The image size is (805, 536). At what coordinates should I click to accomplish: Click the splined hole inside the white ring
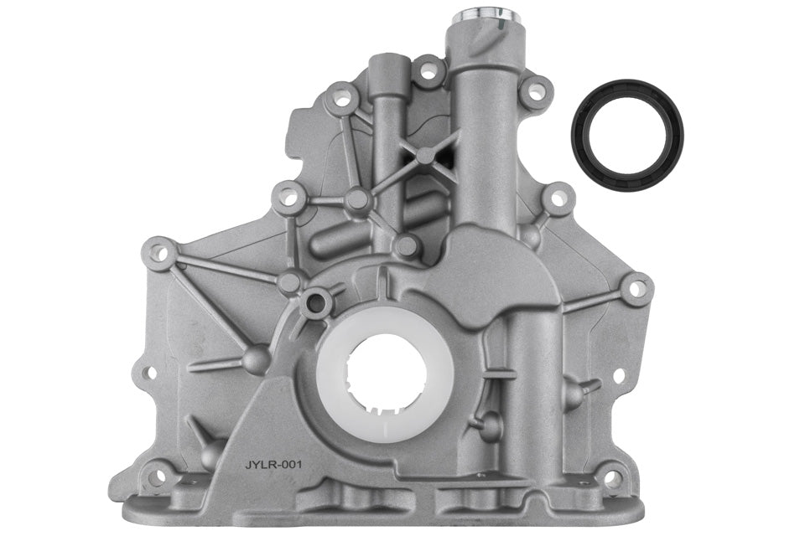coord(387,373)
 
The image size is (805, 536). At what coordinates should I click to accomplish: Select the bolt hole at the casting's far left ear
coord(158,252)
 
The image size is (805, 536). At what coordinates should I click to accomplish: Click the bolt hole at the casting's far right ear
coord(636,289)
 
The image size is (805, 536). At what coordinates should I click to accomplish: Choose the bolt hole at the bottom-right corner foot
coord(613,478)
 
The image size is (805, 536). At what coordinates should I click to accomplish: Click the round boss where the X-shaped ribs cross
coord(426,155)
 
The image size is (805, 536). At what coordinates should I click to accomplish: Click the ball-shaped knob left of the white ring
coord(257,359)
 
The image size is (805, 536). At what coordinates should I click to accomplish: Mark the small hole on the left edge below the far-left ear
coord(148,372)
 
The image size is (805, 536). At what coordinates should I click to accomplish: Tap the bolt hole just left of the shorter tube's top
coord(341,99)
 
